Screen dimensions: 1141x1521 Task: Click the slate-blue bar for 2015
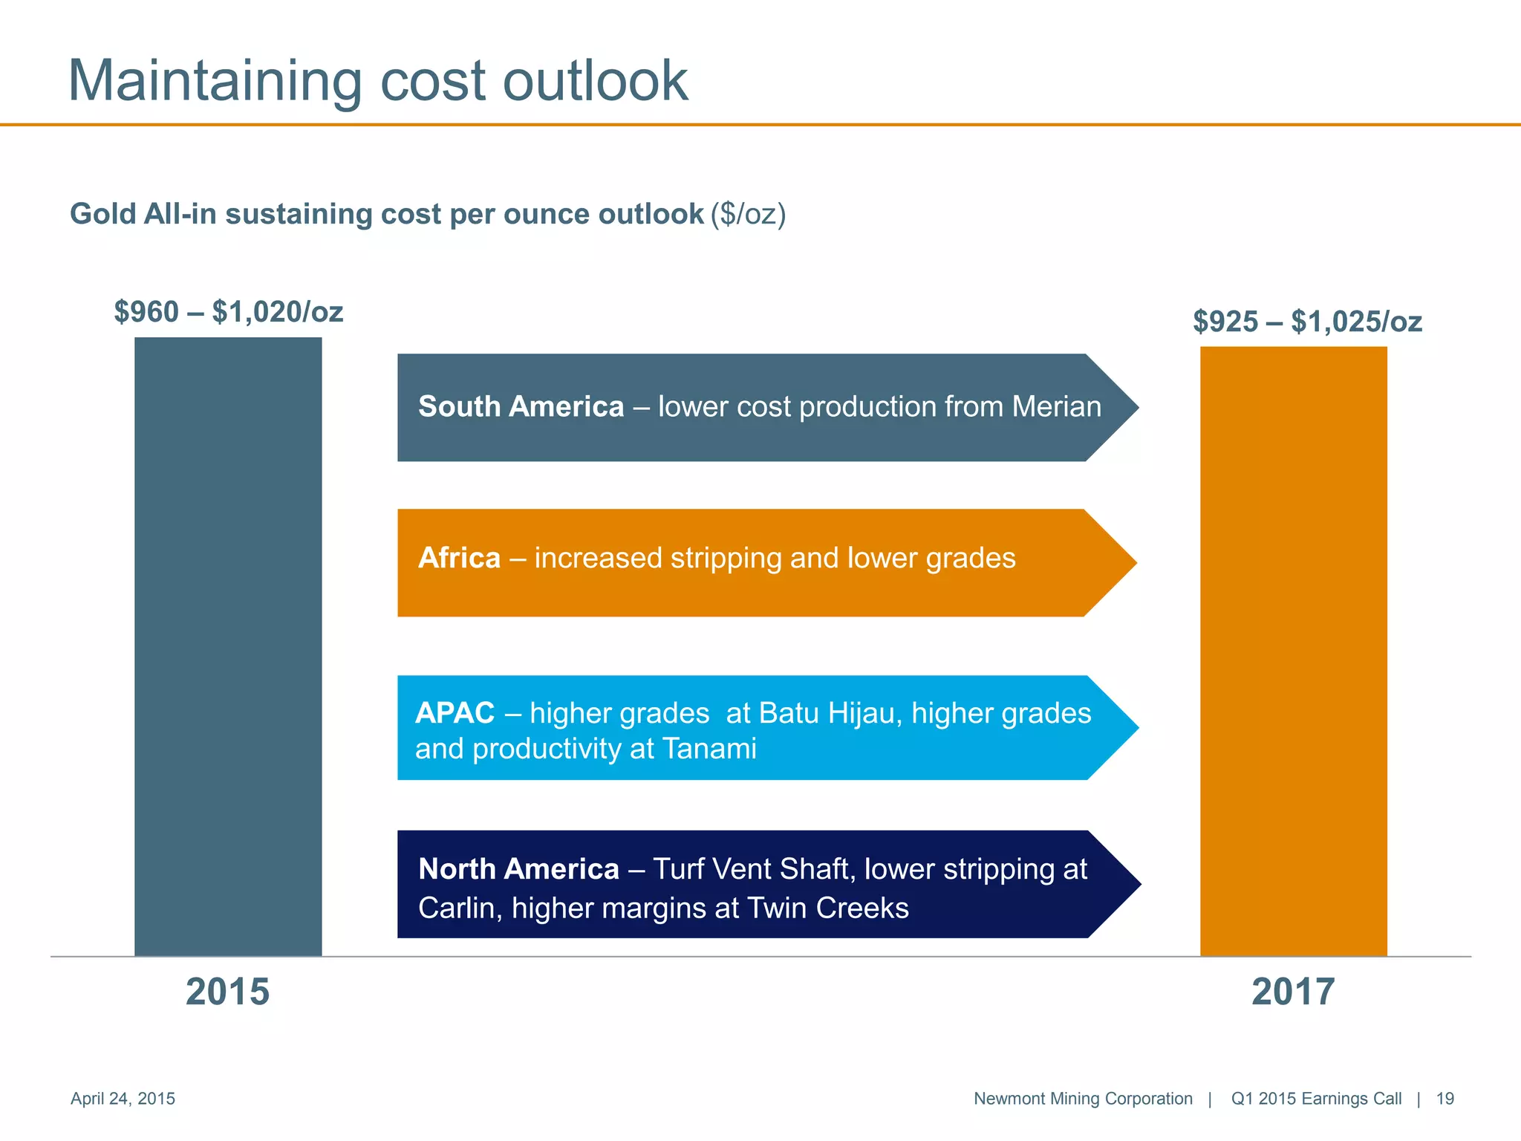tap(228, 646)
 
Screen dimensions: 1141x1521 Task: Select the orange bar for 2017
tap(1293, 651)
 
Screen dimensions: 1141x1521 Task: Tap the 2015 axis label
tap(227, 992)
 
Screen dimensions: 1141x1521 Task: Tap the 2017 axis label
tap(1293, 992)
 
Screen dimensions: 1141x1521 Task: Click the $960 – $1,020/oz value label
tap(229, 312)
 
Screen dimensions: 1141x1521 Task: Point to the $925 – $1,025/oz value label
tap(1307, 322)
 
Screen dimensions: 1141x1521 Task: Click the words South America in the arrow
tap(521, 407)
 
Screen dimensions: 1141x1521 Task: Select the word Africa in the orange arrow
tap(459, 558)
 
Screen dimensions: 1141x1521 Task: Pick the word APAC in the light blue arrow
tap(455, 713)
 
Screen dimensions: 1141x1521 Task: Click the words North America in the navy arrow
tap(518, 869)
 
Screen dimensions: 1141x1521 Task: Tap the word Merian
tap(1056, 407)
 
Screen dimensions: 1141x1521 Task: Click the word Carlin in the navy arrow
tap(460, 908)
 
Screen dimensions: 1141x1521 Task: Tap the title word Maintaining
tap(215, 82)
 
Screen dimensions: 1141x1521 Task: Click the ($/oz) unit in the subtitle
tap(748, 214)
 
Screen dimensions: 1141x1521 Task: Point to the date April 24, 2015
tap(123, 1099)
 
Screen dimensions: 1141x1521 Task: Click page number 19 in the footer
tap(1445, 1099)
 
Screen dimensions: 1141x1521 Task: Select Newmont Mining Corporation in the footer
tap(1083, 1099)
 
